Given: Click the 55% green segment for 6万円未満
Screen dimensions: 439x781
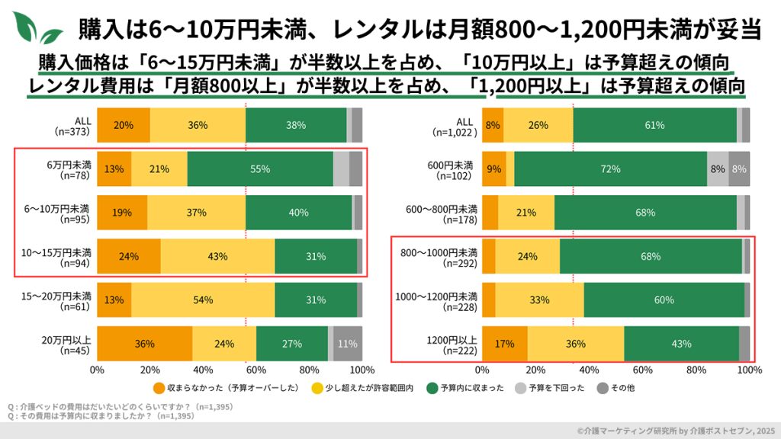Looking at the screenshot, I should pos(260,169).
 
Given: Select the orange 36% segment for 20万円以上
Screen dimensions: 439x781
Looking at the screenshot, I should pos(145,344).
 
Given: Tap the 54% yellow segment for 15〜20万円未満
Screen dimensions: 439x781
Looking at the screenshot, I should pos(203,300).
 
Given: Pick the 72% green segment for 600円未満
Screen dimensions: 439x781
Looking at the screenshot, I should pos(610,169).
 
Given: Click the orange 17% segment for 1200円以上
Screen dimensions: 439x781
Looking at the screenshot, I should pos(505,344).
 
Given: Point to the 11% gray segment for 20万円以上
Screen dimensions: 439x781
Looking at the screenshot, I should pos(348,344).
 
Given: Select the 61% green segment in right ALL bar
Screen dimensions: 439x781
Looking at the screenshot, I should pos(654,125).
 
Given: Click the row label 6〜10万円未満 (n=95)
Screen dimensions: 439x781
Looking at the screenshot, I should pos(66,213).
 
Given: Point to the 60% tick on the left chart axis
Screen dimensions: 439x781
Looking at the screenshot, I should pos(256,370).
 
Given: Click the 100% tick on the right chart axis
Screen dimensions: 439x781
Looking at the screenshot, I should pos(750,370).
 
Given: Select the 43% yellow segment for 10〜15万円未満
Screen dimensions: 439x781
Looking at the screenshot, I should pos(217,257).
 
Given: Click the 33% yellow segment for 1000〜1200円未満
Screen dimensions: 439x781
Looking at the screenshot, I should pos(539,300).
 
